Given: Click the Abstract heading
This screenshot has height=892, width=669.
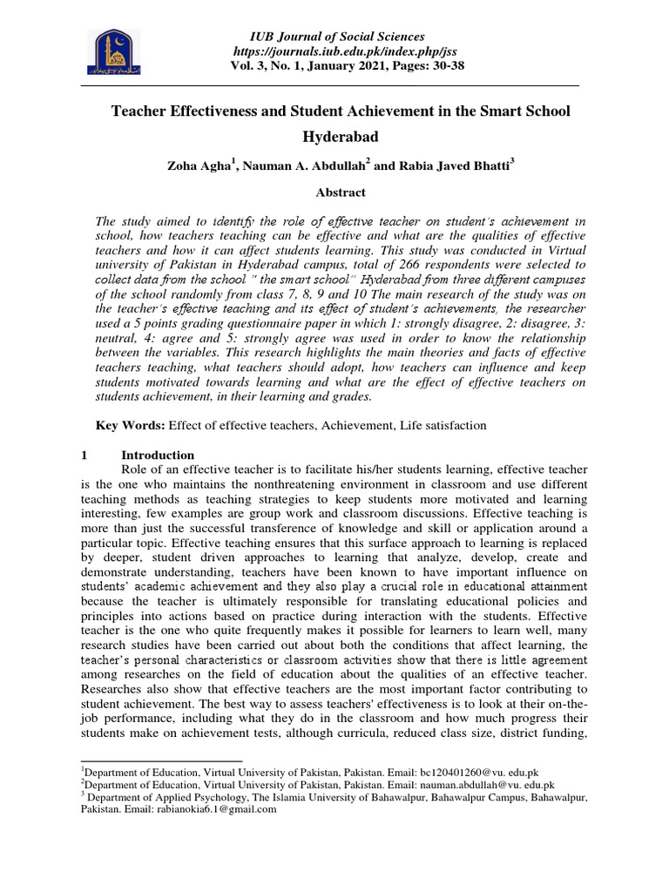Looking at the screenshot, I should (336, 193).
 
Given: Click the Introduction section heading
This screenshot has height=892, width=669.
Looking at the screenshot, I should (158, 455).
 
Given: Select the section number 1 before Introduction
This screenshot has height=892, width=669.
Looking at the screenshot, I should (84, 455).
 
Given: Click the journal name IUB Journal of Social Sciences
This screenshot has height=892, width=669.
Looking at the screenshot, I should (337, 37).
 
